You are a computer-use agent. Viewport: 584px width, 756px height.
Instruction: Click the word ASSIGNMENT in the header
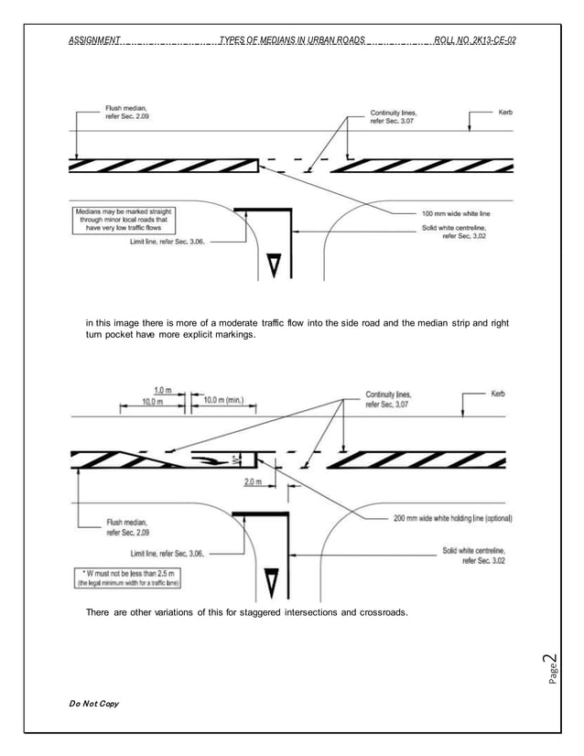pos(94,41)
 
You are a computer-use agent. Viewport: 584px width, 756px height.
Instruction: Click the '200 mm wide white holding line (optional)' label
pos(452,517)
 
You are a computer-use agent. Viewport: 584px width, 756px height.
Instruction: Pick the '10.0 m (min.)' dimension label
pos(223,400)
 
